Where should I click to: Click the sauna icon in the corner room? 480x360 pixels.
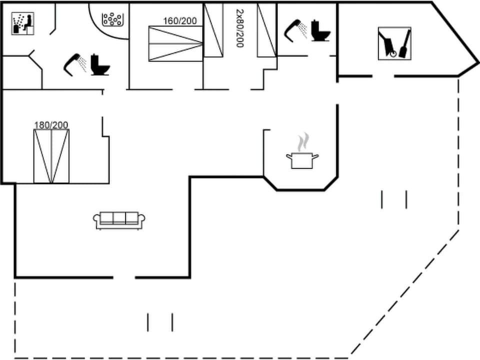pos(22,23)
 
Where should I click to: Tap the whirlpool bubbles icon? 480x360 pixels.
pos(112,19)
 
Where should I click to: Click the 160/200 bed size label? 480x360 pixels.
pos(180,21)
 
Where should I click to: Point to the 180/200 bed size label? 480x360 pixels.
pos(51,125)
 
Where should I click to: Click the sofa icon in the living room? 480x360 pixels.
pos(119,219)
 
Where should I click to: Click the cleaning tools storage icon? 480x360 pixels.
pos(394,43)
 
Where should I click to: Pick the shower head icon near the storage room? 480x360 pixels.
pos(295,29)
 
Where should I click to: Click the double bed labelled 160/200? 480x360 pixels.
pos(175,44)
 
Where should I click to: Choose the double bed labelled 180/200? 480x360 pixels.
pos(51,156)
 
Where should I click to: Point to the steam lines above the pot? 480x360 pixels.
pos(302,143)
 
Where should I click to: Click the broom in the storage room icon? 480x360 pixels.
pos(404,42)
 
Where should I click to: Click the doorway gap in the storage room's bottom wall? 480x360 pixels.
pos(383,76)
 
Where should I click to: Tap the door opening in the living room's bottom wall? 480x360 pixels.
pos(124,277)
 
